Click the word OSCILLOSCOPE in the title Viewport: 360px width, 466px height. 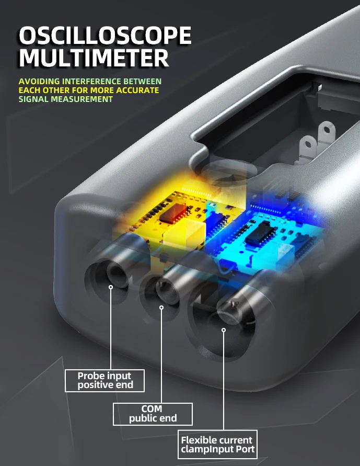pos(105,36)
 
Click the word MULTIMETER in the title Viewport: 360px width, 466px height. pos(94,58)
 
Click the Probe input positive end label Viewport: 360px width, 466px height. pos(105,381)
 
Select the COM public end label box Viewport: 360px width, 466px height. pos(153,414)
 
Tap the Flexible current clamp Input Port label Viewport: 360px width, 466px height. pos(217,445)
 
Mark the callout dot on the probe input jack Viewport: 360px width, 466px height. pos(111,287)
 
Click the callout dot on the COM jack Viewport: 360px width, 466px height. pos(161,308)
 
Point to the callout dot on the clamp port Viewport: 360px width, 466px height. pos(224,330)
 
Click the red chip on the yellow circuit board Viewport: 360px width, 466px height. pos(172,213)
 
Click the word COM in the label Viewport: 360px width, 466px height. pos(152,409)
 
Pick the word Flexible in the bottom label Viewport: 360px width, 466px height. pos(198,440)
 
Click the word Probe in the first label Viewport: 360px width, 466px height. pos(91,376)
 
